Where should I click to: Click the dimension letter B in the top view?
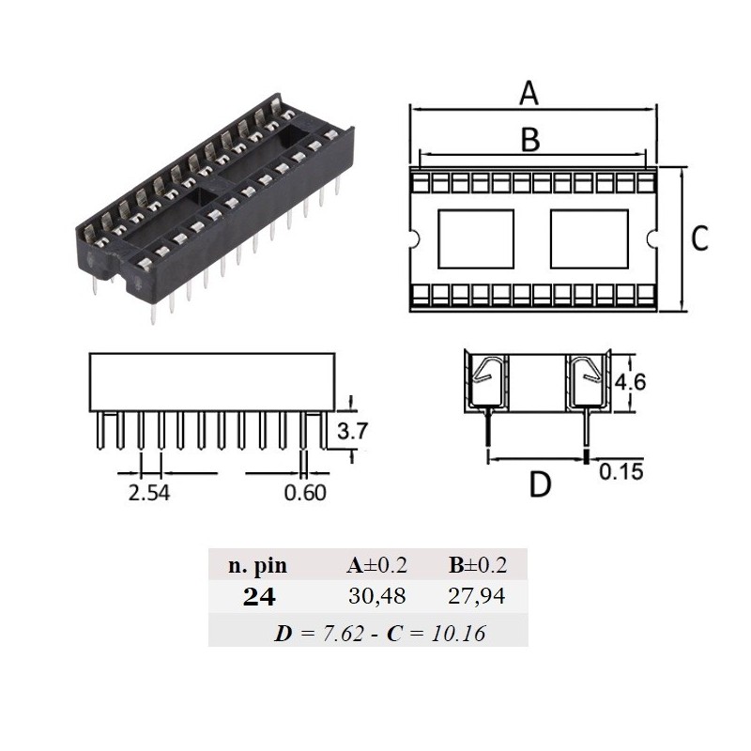coord(530,139)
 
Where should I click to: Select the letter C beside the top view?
coord(698,239)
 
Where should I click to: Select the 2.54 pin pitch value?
coord(148,491)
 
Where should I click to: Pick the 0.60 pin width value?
coord(304,491)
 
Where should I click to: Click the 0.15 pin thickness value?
coord(621,471)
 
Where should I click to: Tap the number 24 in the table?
coord(258,598)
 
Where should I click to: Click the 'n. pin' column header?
coord(257,565)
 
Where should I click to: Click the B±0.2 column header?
coord(477,565)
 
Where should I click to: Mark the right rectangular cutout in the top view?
coord(588,239)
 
